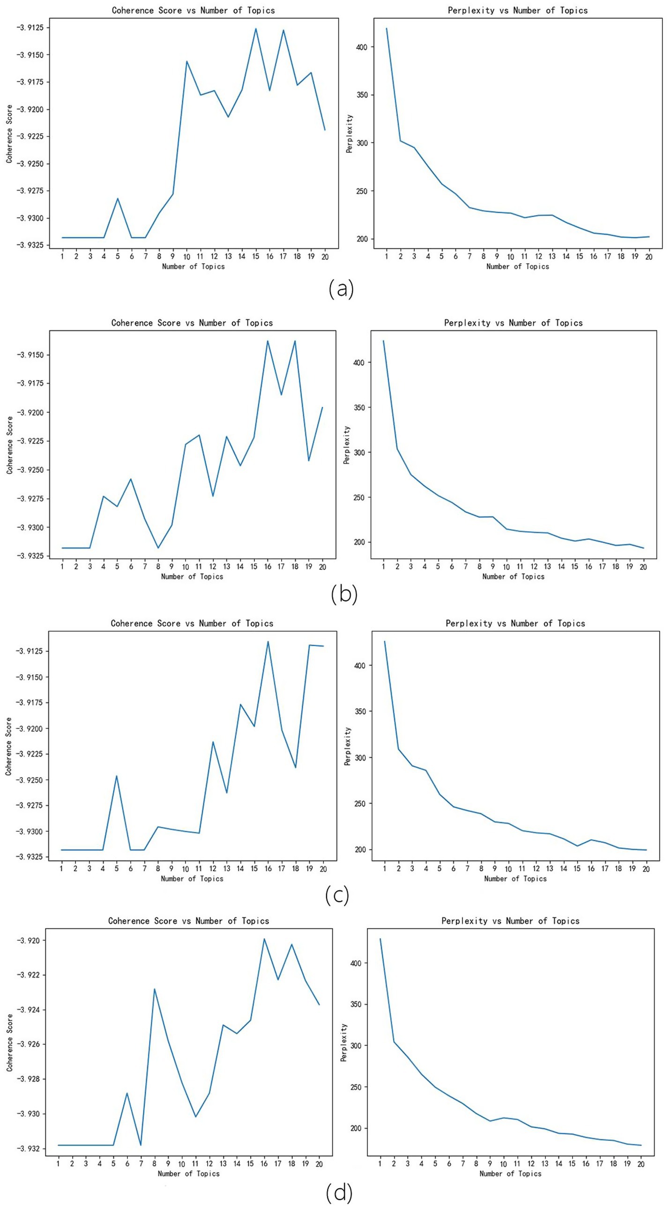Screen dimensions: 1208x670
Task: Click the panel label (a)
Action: click(x=341, y=289)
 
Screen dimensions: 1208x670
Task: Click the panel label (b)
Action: click(x=344, y=594)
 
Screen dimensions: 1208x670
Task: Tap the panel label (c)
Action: click(x=337, y=895)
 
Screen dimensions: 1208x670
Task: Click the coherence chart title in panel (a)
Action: click(x=193, y=10)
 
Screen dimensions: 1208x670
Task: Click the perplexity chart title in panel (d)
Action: click(x=510, y=921)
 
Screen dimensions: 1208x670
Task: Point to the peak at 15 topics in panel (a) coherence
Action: click(x=256, y=29)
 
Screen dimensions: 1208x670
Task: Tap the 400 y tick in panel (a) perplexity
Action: click(x=362, y=47)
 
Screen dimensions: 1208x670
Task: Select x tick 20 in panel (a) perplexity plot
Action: click(x=649, y=257)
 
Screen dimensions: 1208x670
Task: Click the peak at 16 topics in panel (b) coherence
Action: click(x=268, y=341)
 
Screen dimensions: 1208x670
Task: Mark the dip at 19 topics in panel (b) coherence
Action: click(x=309, y=461)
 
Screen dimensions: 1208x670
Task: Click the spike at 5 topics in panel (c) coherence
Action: click(x=117, y=775)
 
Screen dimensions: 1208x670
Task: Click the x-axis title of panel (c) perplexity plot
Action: click(x=515, y=878)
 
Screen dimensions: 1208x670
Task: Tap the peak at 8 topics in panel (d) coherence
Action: click(x=155, y=989)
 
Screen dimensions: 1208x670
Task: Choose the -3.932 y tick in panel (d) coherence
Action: click(x=29, y=1148)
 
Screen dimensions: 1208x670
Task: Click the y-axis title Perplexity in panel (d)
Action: click(x=344, y=1042)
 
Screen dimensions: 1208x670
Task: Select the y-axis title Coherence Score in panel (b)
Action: click(x=9, y=445)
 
